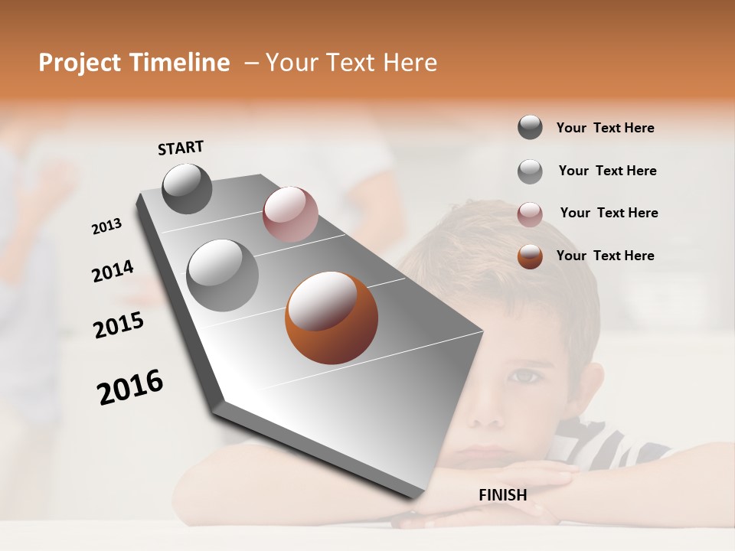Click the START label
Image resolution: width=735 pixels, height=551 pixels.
coord(181,148)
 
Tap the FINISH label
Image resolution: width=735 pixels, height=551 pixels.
coord(502,495)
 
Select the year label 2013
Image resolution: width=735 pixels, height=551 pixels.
coord(106,227)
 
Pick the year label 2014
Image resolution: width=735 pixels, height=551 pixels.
coord(113,272)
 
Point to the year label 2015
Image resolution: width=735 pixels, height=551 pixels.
coord(119,325)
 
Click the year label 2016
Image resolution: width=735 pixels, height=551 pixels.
coord(130,387)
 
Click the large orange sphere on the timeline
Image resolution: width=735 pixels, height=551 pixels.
coord(331,318)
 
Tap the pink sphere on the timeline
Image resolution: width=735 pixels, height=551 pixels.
coord(290,214)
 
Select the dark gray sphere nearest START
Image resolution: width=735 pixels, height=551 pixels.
coord(187,188)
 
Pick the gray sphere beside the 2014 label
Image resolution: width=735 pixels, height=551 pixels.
coord(223,275)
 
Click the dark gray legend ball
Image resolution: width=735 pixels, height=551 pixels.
coord(530,127)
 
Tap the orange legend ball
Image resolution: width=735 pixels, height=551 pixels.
coord(530,256)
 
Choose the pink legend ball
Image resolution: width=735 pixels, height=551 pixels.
coord(530,214)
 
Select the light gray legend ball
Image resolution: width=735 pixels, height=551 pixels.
coord(530,171)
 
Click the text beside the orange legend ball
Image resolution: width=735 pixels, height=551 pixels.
coord(605,256)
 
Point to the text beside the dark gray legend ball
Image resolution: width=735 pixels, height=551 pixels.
coord(605,128)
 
